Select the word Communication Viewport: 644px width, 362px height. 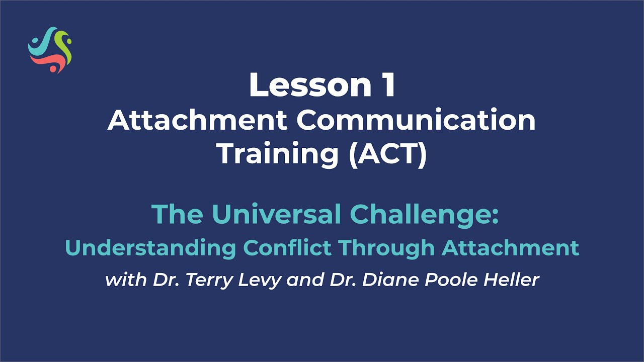pyautogui.click(x=416, y=121)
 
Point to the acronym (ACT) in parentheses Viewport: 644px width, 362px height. pyautogui.click(x=387, y=154)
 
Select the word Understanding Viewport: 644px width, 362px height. pyautogui.click(x=151, y=248)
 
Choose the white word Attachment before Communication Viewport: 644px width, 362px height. pyautogui.click(x=197, y=121)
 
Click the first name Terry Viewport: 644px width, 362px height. pyautogui.click(x=208, y=280)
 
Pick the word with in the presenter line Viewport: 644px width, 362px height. pyautogui.click(x=124, y=280)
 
